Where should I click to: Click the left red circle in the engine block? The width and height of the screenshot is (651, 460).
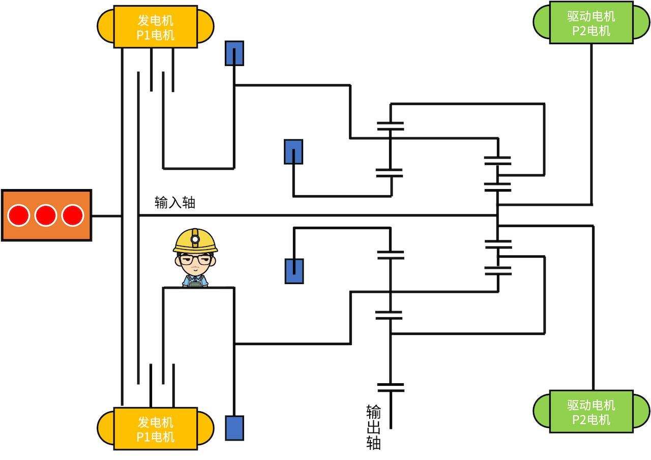[18, 215]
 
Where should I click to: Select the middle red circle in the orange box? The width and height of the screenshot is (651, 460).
[45, 215]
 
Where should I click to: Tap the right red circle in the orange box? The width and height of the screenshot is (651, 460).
[72, 215]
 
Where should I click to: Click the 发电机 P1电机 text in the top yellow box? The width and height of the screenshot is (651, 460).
[155, 27]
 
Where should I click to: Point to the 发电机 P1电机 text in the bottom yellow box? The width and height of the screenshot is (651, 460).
[155, 430]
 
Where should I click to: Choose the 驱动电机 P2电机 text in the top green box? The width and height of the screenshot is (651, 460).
[591, 23]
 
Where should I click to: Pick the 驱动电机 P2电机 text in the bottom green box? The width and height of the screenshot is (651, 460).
[591, 412]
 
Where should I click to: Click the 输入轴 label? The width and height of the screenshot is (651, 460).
[174, 203]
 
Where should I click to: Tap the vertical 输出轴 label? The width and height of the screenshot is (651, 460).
[373, 427]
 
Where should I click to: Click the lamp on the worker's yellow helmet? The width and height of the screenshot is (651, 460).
[195, 238]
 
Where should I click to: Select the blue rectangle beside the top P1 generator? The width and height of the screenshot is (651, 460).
[234, 53]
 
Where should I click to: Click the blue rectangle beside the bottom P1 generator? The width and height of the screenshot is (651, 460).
[234, 427]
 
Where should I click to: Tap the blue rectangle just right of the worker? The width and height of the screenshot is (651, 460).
[294, 270]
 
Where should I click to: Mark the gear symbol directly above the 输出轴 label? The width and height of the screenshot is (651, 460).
[391, 388]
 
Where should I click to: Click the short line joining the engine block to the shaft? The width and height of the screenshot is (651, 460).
[107, 216]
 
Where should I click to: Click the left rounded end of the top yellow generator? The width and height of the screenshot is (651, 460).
[105, 27]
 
